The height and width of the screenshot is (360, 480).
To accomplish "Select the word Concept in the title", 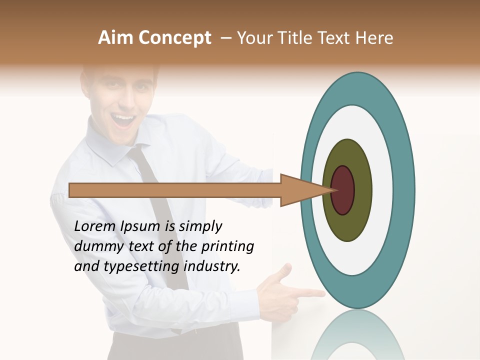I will (x=174, y=38).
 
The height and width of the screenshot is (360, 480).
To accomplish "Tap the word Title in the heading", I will (x=297, y=38).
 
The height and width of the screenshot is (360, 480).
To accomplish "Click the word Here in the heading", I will (x=375, y=38).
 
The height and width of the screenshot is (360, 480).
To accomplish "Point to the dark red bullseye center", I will (x=342, y=190).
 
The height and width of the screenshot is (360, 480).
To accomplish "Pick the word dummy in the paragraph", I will (x=97, y=246).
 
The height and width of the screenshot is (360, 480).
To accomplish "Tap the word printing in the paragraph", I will (x=227, y=246).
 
